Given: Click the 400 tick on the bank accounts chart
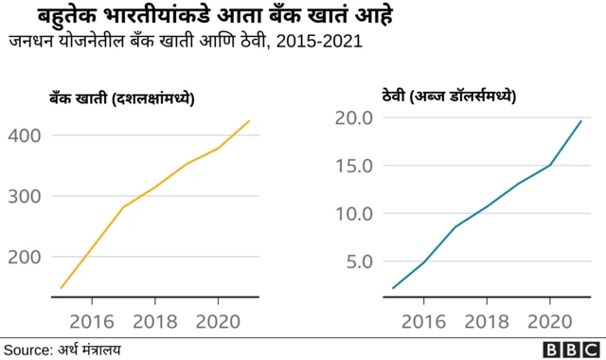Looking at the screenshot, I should point(24,135).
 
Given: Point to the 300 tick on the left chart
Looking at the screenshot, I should point(24,196).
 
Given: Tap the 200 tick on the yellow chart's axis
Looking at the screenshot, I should point(24,257).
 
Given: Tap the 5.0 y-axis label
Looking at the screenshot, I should point(360,261).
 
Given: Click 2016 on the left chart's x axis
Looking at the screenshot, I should point(93,319).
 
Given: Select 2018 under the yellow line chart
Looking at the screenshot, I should point(155,319).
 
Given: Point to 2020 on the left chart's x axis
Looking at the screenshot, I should point(218,319).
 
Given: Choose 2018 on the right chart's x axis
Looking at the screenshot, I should point(487,319).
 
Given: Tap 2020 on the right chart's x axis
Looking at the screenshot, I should point(549,319).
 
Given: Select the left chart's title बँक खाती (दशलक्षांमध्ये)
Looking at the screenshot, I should point(122,99).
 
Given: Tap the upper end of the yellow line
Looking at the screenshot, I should point(249,120).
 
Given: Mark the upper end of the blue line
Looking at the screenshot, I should point(580,121).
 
